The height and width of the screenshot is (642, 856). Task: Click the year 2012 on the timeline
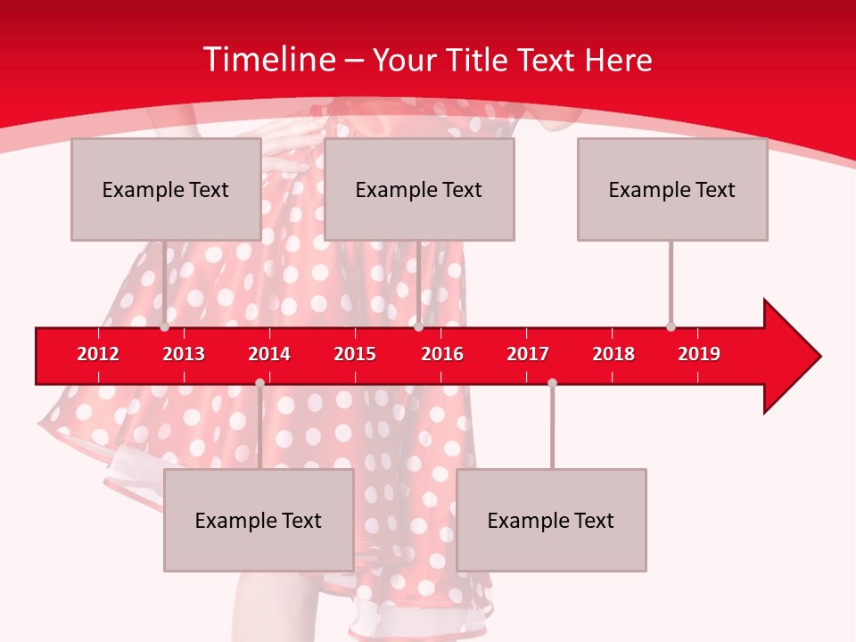98,354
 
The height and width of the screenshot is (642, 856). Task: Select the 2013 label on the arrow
184,354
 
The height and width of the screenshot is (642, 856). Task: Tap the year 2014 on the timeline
269,354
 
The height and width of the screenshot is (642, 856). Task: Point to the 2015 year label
355,354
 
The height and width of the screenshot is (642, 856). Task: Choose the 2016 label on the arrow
442,354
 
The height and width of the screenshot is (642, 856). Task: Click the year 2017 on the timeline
528,354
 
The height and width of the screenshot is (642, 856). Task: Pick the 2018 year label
613,354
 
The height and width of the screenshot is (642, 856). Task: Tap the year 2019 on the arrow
699,354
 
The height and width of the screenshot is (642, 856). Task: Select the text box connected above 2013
166,189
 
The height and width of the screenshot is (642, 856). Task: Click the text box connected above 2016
419,189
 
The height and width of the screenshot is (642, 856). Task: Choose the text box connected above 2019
672,189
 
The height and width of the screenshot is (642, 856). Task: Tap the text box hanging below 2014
259,520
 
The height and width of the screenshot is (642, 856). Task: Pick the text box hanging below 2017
551,520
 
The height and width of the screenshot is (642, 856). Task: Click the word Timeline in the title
268,60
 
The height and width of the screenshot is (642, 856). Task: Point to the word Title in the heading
480,60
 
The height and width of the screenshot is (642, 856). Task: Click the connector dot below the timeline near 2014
259,383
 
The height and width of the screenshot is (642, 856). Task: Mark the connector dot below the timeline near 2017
552,383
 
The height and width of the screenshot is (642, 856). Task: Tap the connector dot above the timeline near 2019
671,327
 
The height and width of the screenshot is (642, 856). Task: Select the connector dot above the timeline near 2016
418,327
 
